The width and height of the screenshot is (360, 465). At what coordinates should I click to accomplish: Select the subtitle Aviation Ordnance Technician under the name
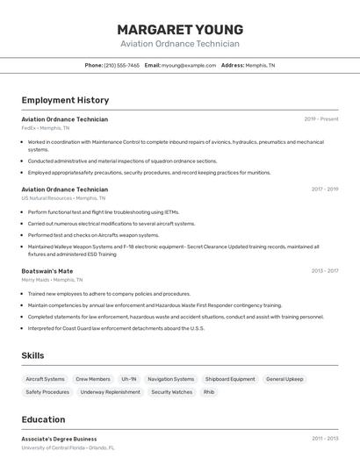click(x=179, y=43)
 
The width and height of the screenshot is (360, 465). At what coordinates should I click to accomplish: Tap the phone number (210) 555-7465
click(x=121, y=66)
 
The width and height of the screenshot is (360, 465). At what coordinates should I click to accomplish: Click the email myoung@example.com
click(x=188, y=66)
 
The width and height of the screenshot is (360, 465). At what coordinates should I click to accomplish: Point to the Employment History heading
click(x=65, y=101)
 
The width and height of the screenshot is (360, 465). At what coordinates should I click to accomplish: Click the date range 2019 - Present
click(x=320, y=119)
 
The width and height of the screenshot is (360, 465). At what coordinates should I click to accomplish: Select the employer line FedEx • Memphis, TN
click(x=46, y=128)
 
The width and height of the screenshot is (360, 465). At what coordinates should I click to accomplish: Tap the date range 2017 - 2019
click(x=324, y=190)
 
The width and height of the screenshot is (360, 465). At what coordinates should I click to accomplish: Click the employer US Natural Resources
click(x=47, y=198)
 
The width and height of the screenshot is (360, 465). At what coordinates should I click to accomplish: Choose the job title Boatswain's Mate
click(x=47, y=271)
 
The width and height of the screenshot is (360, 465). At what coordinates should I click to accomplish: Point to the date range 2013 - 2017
click(x=324, y=271)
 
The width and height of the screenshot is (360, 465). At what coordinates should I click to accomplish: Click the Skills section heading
click(x=33, y=355)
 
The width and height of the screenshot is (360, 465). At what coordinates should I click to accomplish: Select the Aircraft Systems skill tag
click(x=45, y=379)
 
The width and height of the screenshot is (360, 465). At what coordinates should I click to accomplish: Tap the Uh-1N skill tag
click(x=128, y=379)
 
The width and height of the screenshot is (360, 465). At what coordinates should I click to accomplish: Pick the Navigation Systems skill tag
click(x=170, y=379)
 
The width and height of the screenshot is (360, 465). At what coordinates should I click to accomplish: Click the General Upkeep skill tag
click(x=284, y=379)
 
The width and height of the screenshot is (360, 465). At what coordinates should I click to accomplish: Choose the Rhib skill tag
click(x=209, y=392)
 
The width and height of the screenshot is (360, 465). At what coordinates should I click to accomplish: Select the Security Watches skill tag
click(x=171, y=392)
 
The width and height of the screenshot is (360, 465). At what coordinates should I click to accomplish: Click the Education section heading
click(x=43, y=419)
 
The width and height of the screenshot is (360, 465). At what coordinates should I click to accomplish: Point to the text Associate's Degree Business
click(x=59, y=439)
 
